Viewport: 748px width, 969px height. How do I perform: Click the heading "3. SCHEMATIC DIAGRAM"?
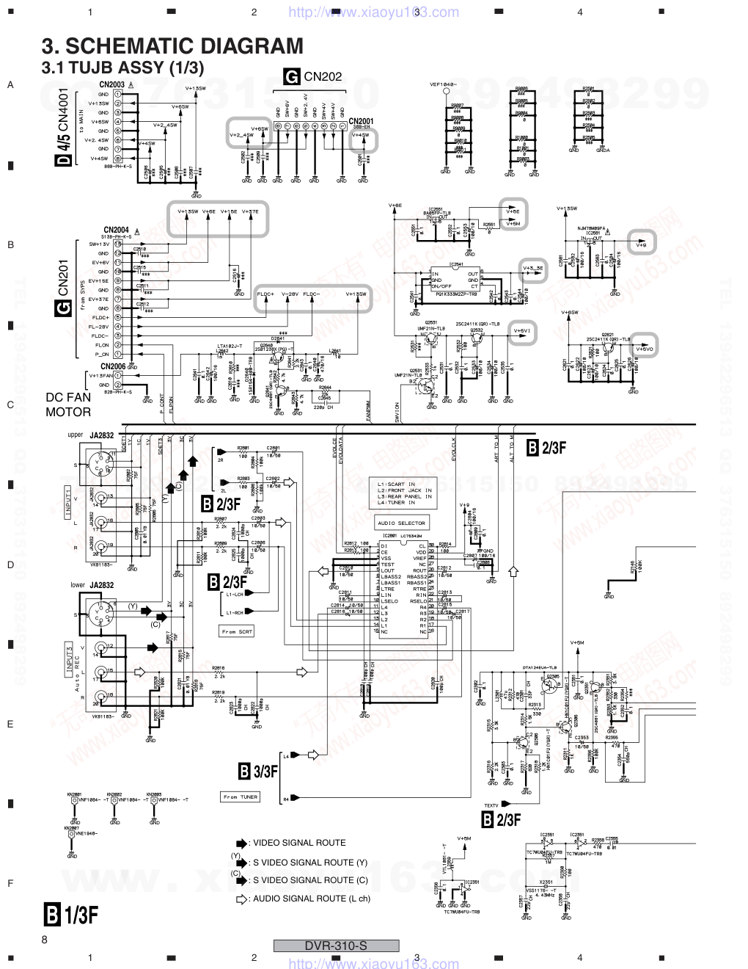tap(172, 46)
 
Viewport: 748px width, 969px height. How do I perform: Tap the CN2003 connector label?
tap(111, 84)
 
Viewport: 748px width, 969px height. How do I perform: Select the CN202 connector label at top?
tap(323, 76)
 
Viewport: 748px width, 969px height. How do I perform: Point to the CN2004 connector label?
tap(116, 229)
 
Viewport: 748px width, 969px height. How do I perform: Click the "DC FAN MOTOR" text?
tap(68, 404)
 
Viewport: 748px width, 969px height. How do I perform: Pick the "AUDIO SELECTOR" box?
tap(401, 523)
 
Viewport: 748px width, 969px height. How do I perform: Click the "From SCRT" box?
tap(235, 631)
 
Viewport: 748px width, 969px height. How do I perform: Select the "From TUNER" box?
tap(240, 796)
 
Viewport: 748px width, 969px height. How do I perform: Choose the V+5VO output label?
tap(644, 348)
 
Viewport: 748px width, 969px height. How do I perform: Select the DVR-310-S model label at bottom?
tap(336, 946)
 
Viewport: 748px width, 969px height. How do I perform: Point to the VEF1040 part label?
tap(444, 84)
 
